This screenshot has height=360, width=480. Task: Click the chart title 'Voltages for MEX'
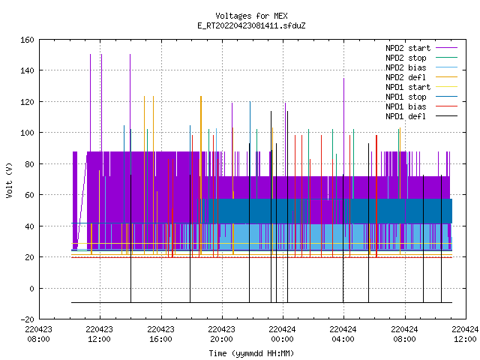(251, 16)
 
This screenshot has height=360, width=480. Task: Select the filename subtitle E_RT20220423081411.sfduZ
(251, 25)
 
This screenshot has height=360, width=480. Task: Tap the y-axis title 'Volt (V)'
(10, 181)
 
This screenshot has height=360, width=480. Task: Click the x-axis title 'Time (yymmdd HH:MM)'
(251, 353)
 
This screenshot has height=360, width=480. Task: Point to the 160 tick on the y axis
(27, 40)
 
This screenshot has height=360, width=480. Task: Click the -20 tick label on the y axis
(27, 319)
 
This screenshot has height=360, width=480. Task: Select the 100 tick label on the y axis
(27, 133)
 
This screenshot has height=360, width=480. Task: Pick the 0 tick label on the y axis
(31, 288)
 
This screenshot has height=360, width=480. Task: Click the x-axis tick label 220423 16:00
(160, 334)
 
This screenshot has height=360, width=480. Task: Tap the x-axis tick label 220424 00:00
(282, 334)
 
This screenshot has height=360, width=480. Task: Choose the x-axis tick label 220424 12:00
(465, 334)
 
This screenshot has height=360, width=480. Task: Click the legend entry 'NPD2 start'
(408, 48)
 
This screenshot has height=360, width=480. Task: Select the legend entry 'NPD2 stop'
(406, 58)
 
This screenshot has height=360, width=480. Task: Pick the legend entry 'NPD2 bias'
(406, 67)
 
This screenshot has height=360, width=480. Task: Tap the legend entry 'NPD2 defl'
(406, 77)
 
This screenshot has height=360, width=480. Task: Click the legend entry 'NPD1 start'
(408, 87)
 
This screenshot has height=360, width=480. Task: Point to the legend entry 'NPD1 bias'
(406, 106)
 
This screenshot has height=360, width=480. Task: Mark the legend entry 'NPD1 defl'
(406, 117)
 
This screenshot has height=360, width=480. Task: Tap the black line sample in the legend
(447, 116)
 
